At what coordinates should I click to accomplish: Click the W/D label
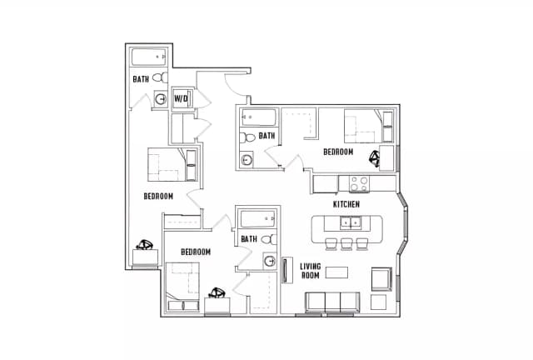[x=181, y=98]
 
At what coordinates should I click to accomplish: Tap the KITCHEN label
[x=346, y=204]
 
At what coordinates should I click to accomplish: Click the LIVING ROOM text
[x=310, y=271]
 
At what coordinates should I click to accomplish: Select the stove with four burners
[x=359, y=183]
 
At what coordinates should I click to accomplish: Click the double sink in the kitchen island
[x=351, y=223]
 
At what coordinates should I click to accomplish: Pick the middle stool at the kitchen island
[x=346, y=244]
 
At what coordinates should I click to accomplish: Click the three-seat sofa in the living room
[x=333, y=302]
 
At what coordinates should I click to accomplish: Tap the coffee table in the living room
[x=336, y=272]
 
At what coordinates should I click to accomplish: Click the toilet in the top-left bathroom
[x=160, y=77]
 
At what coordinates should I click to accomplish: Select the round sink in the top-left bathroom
[x=161, y=99]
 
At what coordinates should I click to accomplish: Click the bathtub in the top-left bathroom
[x=148, y=57]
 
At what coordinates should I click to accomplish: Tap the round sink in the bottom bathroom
[x=270, y=262]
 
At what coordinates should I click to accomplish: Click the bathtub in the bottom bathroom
[x=258, y=218]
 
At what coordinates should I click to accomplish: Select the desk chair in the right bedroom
[x=375, y=159]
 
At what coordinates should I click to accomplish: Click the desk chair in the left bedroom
[x=145, y=245]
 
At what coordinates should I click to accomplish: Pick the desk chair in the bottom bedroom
[x=217, y=293]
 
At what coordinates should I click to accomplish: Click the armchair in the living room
[x=381, y=279]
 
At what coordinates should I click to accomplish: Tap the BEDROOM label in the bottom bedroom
[x=196, y=252]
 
